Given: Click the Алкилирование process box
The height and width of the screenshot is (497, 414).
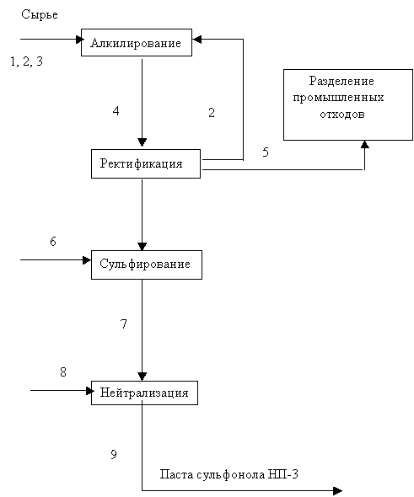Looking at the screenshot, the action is click(137, 42).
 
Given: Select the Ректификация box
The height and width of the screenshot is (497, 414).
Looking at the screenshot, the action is click(146, 163).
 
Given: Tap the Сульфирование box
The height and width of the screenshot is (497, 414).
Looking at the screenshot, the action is click(147, 265).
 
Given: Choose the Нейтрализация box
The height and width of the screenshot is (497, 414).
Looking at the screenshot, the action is click(144, 393).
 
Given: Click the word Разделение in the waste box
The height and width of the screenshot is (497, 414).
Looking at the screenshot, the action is click(341, 82).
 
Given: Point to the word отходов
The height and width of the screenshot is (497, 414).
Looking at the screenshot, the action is click(342, 114).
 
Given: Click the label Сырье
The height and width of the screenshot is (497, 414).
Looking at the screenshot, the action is click(40, 14).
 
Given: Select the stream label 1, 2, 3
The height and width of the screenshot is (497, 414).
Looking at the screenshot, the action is click(27, 61).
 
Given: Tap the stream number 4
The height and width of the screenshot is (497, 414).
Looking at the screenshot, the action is click(116, 111).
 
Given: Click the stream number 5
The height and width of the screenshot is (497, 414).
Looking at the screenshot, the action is click(266, 152).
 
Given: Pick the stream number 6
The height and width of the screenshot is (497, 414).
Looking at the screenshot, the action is click(53, 241).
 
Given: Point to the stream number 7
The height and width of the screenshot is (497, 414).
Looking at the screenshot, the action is click(124, 324).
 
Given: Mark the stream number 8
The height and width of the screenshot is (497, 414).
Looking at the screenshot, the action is click(63, 371).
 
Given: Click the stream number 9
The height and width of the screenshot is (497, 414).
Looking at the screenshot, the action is click(114, 455).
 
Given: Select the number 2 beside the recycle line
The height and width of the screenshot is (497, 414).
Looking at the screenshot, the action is click(212, 113).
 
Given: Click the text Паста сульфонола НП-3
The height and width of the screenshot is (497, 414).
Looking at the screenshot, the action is click(229, 474).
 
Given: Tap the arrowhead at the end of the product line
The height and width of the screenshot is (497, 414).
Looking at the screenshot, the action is click(337, 491).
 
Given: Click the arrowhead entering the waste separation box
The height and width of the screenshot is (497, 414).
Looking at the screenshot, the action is click(365, 144).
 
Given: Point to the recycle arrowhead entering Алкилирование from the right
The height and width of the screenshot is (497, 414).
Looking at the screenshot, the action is click(197, 40).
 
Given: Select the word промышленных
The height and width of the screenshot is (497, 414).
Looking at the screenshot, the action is click(338, 98).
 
